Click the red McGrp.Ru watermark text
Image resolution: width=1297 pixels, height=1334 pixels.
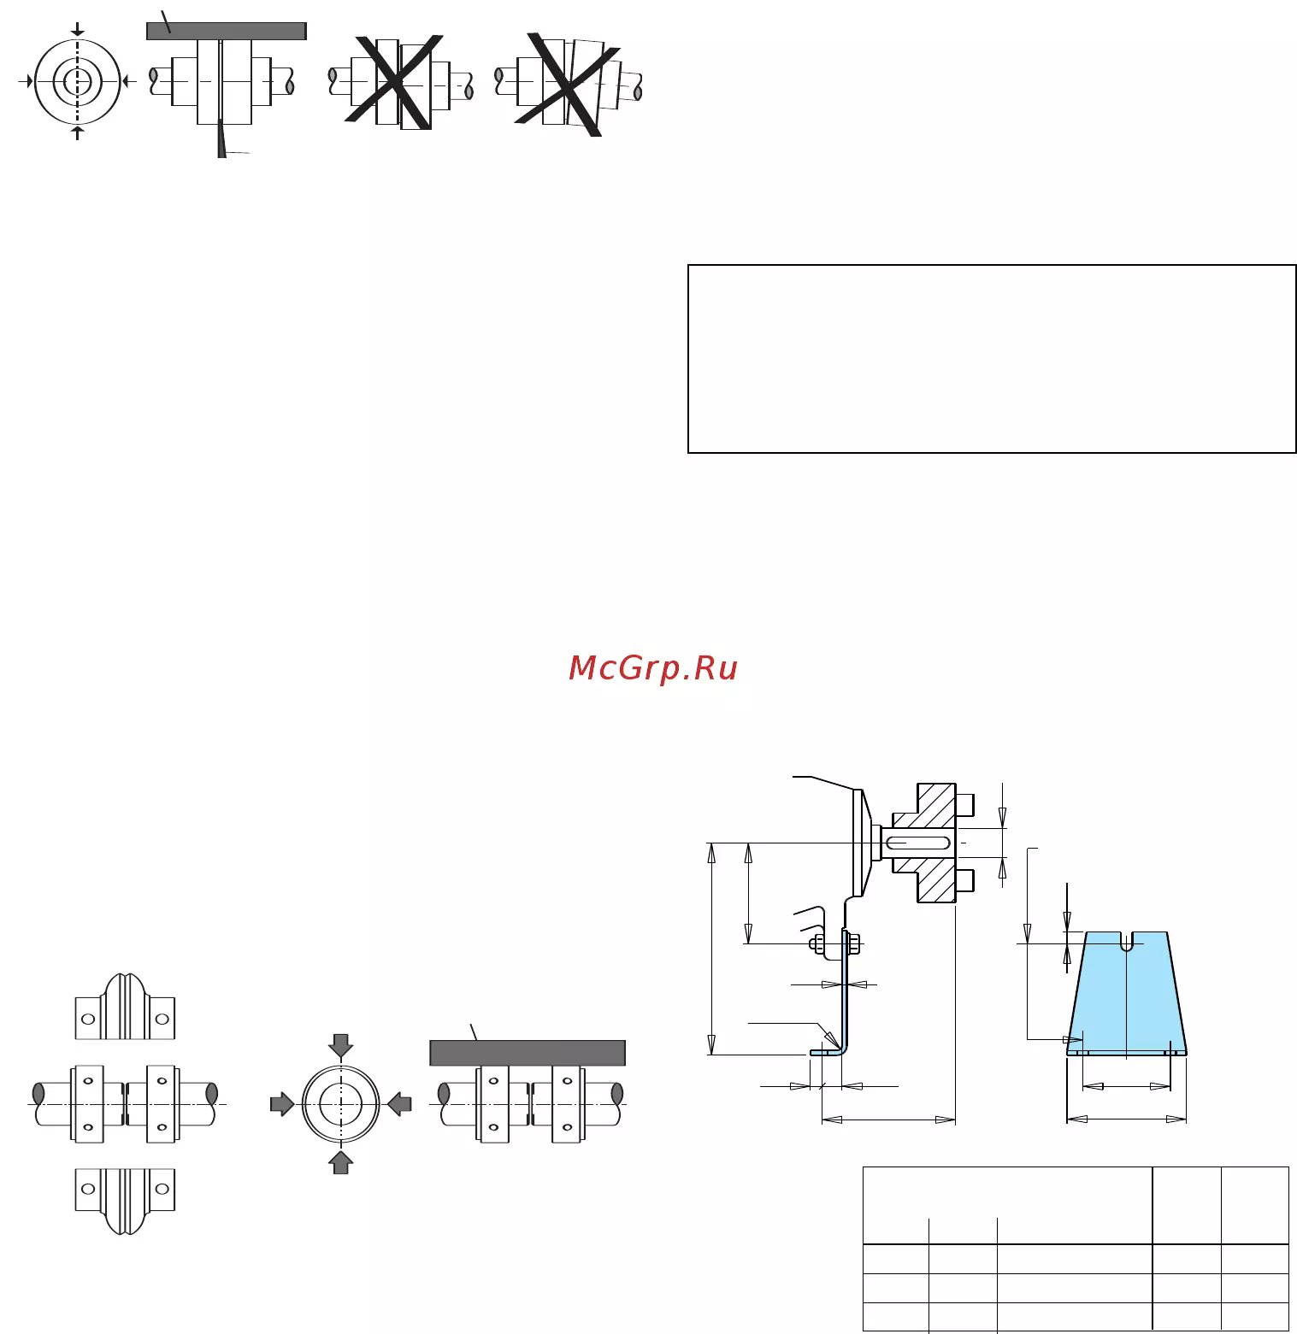pyautogui.click(x=653, y=668)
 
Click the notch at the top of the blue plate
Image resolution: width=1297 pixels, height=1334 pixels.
pyautogui.click(x=1127, y=941)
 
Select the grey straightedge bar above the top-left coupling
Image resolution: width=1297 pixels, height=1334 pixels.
pyautogui.click(x=227, y=31)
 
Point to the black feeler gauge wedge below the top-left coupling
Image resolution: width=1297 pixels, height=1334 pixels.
pyautogui.click(x=221, y=139)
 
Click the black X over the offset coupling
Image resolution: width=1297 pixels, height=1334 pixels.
pyautogui.click(x=394, y=80)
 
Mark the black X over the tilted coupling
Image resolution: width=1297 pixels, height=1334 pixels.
pyautogui.click(x=568, y=84)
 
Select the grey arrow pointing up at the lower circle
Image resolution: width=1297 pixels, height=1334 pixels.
pyautogui.click(x=340, y=1162)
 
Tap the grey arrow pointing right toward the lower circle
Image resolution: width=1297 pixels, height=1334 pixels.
pyautogui.click(x=282, y=1104)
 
